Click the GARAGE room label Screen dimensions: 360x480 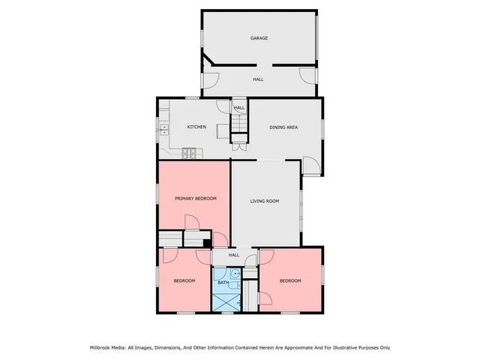click(259, 38)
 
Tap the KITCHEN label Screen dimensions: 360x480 click(196, 127)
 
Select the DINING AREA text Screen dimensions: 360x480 click(284, 127)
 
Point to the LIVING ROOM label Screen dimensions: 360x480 click(264, 201)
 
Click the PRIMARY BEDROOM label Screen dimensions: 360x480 click(196, 198)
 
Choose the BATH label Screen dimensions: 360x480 click(223, 281)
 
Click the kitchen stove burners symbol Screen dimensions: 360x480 click(190, 154)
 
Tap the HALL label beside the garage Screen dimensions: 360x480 click(258, 79)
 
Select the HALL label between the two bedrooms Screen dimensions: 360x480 click(233, 256)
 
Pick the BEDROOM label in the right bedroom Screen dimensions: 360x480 click(290, 280)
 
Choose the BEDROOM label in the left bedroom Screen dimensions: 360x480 click(184, 280)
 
